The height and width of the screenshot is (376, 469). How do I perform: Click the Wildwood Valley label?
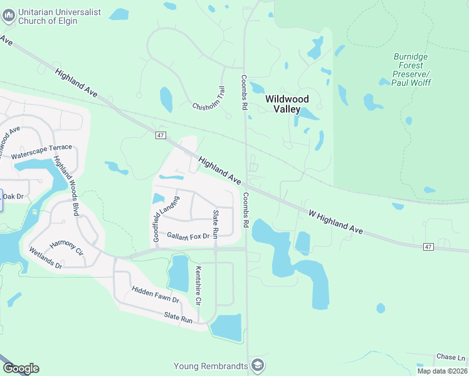coord(287,103)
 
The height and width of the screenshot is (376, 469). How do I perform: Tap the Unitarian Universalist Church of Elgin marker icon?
coord(8,16)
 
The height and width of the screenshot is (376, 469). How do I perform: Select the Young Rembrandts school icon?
coord(257,365)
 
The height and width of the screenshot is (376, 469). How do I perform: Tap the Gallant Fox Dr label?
coord(187,236)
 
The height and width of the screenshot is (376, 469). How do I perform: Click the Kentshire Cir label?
coord(198,285)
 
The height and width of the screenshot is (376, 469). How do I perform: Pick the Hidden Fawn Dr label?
coord(155,295)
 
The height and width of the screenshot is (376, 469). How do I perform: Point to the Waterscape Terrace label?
coord(41,151)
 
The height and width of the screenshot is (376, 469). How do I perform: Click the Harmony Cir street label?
coord(66,247)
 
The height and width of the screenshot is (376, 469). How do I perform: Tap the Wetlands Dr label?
coord(46,258)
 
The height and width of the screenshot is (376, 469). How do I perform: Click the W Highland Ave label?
coord(336,222)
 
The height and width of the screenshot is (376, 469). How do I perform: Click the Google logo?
coord(21,368)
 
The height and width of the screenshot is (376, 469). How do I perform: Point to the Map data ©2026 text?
coord(442,371)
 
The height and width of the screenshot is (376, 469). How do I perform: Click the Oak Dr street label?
coord(13,196)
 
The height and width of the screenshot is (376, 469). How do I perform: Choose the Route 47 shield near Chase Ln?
coord(428,247)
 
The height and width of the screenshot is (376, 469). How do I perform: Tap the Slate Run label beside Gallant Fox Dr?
coord(215,224)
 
